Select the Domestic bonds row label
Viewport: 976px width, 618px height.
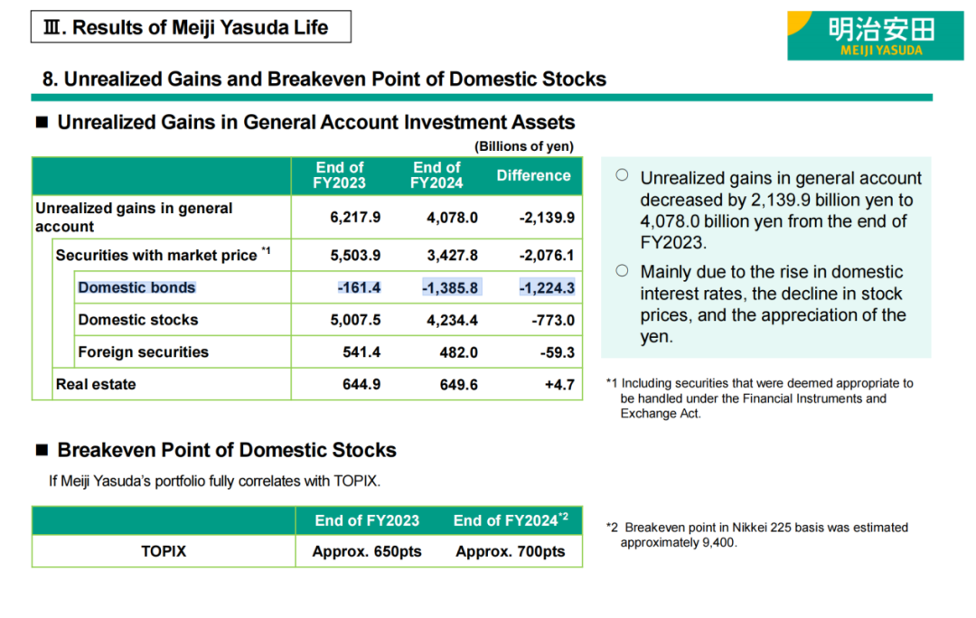136,287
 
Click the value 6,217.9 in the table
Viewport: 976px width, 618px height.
355,217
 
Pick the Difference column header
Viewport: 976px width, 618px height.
533,175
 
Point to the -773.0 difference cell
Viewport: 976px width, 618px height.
547,320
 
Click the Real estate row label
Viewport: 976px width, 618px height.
96,384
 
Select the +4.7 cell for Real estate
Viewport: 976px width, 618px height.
558,384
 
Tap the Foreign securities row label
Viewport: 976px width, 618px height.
143,351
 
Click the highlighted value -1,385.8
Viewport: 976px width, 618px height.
450,287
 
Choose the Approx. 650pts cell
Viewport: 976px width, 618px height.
367,551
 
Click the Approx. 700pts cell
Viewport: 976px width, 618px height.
511,551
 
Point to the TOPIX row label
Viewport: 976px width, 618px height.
164,550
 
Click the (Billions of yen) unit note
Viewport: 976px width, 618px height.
524,146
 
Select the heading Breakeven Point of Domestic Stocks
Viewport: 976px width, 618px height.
227,450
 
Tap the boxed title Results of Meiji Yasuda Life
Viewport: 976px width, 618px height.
191,27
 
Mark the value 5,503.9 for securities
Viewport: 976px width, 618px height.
355,255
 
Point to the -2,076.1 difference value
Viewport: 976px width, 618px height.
547,255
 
